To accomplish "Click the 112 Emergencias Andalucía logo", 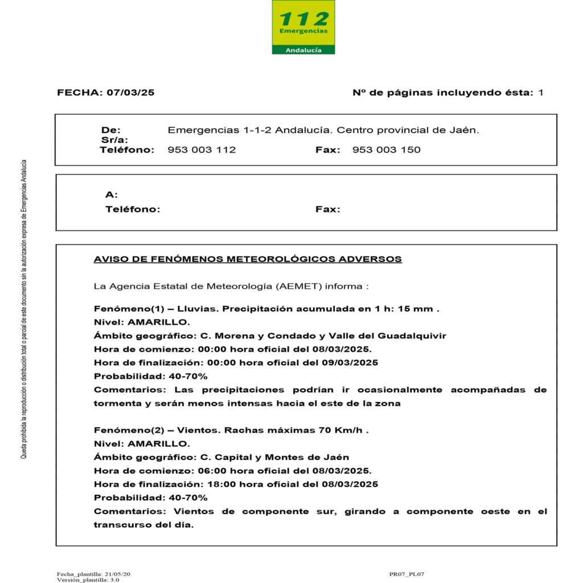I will tap(303, 27).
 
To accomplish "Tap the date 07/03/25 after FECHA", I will tap(130, 92).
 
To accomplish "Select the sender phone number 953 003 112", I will tap(202, 150).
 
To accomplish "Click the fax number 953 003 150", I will tap(387, 150).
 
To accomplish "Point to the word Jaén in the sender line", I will tap(466, 130).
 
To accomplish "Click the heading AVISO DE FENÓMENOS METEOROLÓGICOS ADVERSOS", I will tap(248, 259).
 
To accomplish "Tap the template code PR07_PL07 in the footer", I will tap(407, 574).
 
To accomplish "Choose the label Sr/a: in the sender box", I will tap(114, 139).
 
